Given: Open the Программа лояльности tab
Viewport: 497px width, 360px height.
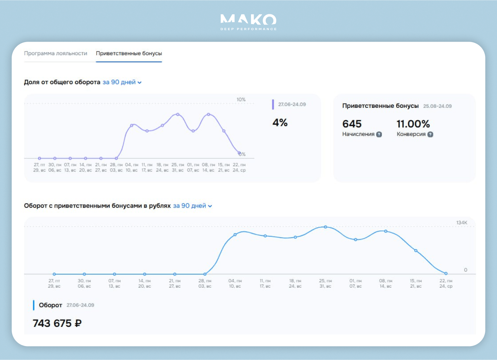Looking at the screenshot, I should [x=56, y=53].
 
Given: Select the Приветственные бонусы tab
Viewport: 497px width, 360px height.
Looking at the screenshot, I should [x=129, y=53].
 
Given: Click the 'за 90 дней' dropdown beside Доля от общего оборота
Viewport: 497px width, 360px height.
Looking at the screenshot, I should [x=122, y=82].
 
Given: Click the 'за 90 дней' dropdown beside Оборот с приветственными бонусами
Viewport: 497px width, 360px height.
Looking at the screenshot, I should [x=193, y=206].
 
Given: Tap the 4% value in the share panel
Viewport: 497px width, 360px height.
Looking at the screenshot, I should [x=280, y=123].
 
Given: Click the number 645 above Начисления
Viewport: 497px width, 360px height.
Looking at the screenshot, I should [x=352, y=124].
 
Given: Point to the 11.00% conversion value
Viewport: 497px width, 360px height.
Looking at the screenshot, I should [x=413, y=124].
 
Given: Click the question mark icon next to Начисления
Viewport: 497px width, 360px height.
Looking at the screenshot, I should [x=379, y=134].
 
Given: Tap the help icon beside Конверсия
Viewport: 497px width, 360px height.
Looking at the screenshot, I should [x=430, y=134].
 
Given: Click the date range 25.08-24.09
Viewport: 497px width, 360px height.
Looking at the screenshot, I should [x=437, y=106].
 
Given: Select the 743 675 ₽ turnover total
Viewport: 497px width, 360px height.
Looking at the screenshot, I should [x=57, y=323].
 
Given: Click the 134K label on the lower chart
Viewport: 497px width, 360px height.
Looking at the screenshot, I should [x=462, y=223].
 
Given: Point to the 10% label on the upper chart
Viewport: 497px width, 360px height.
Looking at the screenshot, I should [x=241, y=99].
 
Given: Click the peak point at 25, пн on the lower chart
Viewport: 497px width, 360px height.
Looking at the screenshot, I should [x=326, y=227].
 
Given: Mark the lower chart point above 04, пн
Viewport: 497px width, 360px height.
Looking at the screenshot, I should [x=235, y=235].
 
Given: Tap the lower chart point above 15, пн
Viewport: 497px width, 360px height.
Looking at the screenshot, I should [x=416, y=251].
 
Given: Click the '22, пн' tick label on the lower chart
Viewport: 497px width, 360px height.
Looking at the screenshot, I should [x=446, y=281].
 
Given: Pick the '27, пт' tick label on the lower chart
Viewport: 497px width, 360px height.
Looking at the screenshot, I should [x=54, y=281].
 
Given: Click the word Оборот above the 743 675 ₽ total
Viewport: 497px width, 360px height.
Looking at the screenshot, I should [x=50, y=305].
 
